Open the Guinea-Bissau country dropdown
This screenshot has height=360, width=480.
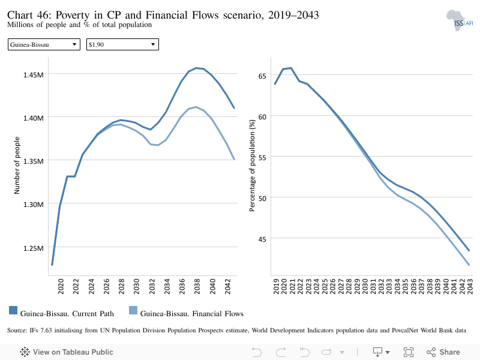pyautogui.click(x=44, y=44)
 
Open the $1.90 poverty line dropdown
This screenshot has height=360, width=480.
pyautogui.click(x=122, y=44)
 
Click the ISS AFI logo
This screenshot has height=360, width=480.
pyautogui.click(x=460, y=20)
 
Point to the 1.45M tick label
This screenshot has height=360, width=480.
pyautogui.click(x=34, y=74)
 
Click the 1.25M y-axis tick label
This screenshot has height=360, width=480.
pyautogui.click(x=34, y=248)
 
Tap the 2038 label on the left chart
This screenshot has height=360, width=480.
pyautogui.click(x=197, y=286)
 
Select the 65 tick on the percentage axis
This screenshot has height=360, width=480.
pyautogui.click(x=262, y=76)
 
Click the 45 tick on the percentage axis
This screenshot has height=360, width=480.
pyautogui.click(x=262, y=239)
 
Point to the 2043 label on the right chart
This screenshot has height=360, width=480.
pyautogui.click(x=470, y=286)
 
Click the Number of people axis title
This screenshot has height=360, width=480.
pyautogui.click(x=17, y=166)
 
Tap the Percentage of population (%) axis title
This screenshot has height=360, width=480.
pyautogui.click(x=252, y=166)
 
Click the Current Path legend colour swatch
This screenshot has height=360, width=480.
pyautogui.click(x=13, y=310)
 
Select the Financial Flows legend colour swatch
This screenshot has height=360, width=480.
pyautogui.click(x=133, y=310)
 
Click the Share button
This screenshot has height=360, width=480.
pyautogui.click(x=443, y=352)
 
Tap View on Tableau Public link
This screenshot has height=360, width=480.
pyautogui.click(x=67, y=352)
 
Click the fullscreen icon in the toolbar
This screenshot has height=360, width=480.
pyautogui.click(x=409, y=352)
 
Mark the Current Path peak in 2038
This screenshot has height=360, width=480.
pyautogui.click(x=196, y=68)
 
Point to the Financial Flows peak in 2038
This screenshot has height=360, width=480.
pyautogui.click(x=196, y=107)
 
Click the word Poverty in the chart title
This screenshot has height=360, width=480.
pyautogui.click(x=73, y=14)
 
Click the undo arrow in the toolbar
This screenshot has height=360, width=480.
pyautogui.click(x=257, y=352)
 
